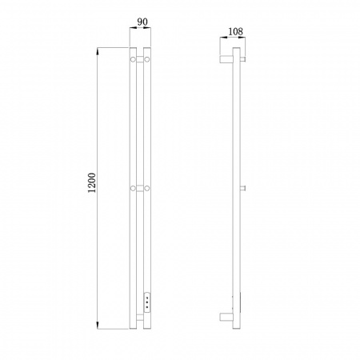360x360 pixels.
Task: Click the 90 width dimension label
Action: click(142, 22)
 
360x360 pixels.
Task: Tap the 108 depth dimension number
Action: click(236, 32)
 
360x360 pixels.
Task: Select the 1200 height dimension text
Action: click(92, 183)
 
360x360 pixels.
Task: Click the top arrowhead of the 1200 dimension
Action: click(98, 51)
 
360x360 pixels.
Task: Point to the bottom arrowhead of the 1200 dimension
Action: click(98, 326)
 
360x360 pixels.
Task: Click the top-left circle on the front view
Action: click(133, 59)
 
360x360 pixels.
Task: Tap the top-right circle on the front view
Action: click(147, 59)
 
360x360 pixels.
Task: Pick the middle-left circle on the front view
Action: click(133, 188)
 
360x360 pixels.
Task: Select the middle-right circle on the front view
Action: click(147, 188)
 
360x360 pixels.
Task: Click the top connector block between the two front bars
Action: click(140, 59)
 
